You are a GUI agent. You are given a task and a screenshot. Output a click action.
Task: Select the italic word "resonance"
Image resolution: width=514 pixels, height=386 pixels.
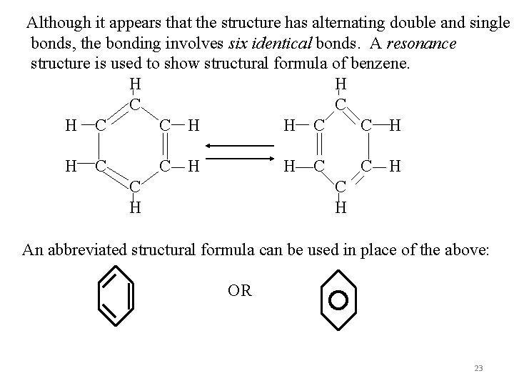421,43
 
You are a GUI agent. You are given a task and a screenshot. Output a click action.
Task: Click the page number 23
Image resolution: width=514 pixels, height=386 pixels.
478,368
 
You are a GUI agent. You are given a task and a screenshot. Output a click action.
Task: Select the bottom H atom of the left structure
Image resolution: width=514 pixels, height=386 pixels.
134,207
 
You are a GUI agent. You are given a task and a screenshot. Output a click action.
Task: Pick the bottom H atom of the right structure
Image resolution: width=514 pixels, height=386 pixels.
341,207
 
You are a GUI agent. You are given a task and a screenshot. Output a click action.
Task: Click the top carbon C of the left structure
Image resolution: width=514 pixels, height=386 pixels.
134,104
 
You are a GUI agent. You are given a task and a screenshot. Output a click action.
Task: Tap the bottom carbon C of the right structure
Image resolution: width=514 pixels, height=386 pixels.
341,188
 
